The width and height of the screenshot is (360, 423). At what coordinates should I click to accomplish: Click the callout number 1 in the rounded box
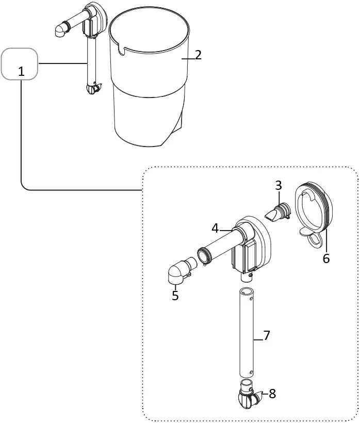tap(21, 71)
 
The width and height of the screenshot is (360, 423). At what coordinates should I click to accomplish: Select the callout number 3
tap(279, 185)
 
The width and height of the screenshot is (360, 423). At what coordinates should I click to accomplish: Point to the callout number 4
tap(215, 227)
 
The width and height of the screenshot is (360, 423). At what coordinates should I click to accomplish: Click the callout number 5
tap(175, 296)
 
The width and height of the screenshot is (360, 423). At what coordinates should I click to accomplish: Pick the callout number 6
tap(326, 258)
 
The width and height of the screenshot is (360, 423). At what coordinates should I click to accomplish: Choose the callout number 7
tap(267, 335)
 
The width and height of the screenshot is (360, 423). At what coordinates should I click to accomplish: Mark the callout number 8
tap(272, 394)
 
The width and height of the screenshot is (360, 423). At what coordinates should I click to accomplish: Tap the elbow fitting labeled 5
tap(178, 273)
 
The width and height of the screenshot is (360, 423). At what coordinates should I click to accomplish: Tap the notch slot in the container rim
tap(122, 50)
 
